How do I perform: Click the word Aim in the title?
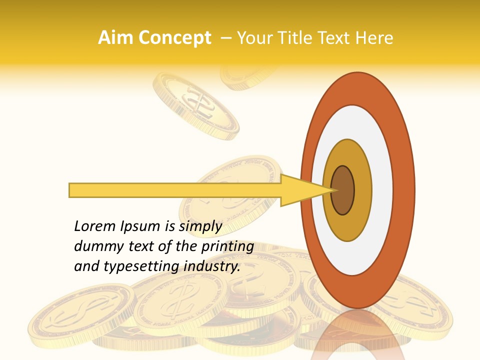115,38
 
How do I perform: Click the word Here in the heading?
375,38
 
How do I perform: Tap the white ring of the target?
382,190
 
